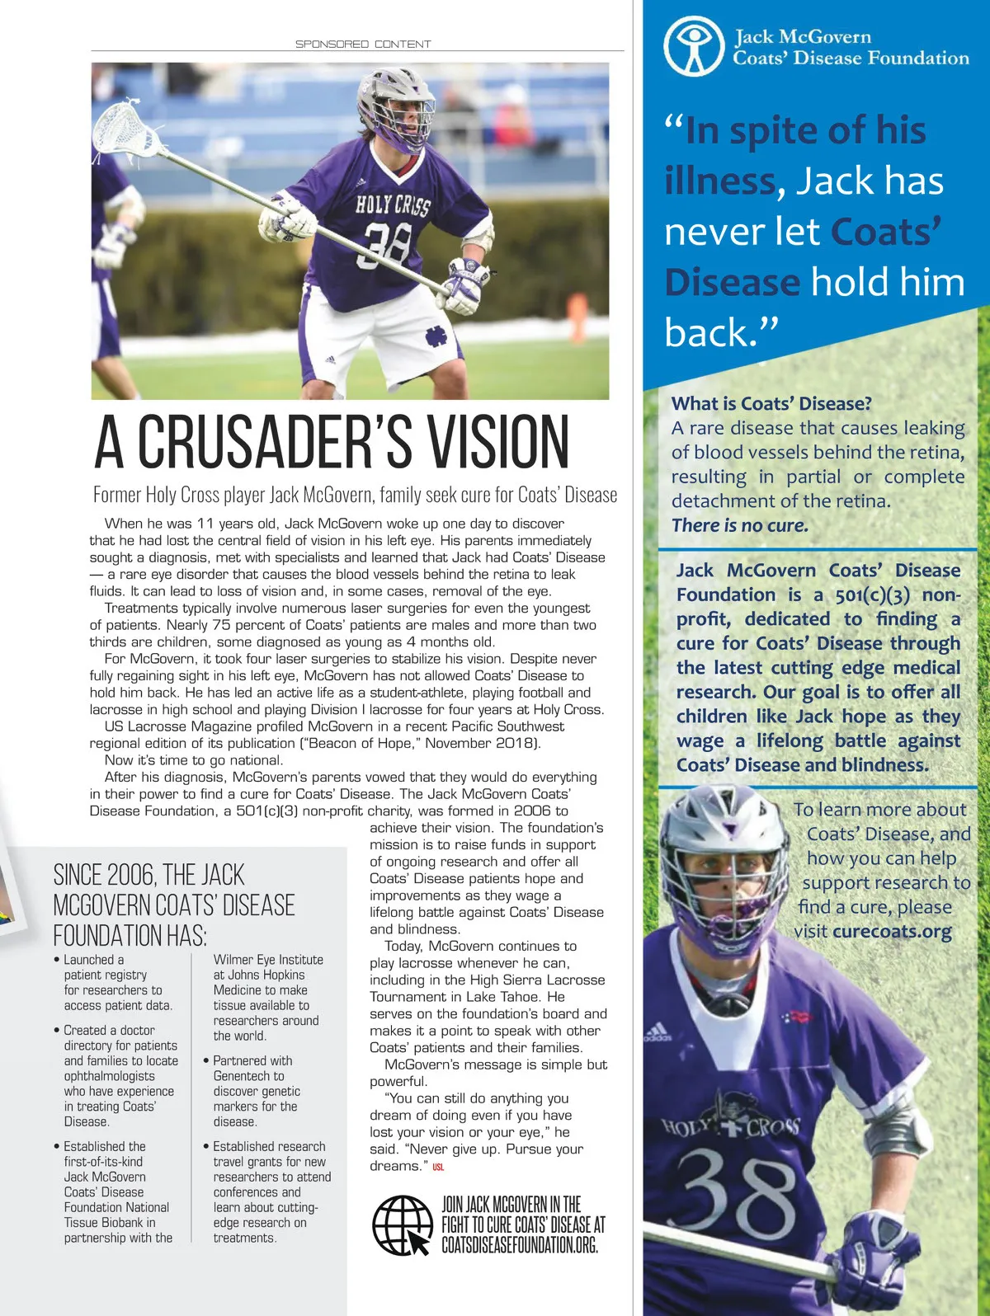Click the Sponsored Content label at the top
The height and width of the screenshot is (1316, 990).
pos(363,44)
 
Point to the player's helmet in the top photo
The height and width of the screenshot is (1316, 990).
pos(395,107)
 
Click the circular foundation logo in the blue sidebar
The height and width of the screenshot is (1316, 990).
pos(695,46)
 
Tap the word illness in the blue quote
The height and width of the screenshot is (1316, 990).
pos(719,181)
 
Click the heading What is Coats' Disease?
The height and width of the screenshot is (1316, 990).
pos(771,403)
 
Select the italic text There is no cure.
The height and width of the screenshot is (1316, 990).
pos(740,525)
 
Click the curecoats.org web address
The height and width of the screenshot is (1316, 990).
pos(892,932)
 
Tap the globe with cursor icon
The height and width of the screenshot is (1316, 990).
pos(403,1224)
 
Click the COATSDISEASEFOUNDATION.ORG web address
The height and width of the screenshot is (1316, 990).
pos(519,1244)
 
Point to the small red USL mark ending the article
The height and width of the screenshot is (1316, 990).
pos(438,1167)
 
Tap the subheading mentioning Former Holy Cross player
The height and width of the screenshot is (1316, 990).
pos(355,495)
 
